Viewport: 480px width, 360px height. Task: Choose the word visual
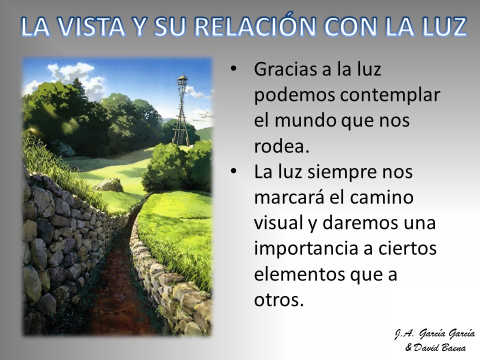(x=278, y=222)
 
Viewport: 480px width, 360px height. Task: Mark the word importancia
(x=305, y=249)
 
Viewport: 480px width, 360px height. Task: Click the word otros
(x=279, y=300)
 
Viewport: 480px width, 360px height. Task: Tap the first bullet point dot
(x=233, y=69)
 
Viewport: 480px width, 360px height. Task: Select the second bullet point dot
(x=233, y=171)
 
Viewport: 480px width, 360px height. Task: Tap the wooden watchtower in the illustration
(x=182, y=111)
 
